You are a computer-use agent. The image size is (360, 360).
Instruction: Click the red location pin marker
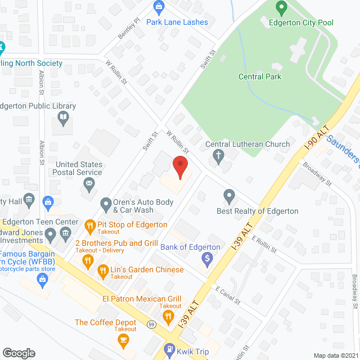tap(179, 167)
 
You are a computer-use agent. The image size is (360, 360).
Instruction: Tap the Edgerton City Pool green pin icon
tap(282, 8)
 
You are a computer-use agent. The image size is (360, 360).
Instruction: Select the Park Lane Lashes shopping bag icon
tap(159, 7)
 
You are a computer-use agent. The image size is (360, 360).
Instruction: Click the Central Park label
tap(259, 76)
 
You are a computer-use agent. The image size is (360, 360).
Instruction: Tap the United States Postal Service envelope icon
tap(89, 183)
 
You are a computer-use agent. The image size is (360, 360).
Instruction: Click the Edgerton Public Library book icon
tap(64, 118)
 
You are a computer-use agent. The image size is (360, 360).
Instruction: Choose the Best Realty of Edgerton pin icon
tap(229, 196)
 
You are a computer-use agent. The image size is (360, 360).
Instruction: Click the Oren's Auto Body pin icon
tap(105, 204)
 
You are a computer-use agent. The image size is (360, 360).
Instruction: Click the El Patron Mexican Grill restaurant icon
tap(167, 318)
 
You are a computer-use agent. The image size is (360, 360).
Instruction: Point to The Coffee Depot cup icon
tap(123, 339)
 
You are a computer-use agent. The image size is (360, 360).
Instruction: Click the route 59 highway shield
tap(152, 325)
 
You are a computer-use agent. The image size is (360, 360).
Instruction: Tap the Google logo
tap(19, 353)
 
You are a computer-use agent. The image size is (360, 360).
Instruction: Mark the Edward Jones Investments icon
tap(51, 233)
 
